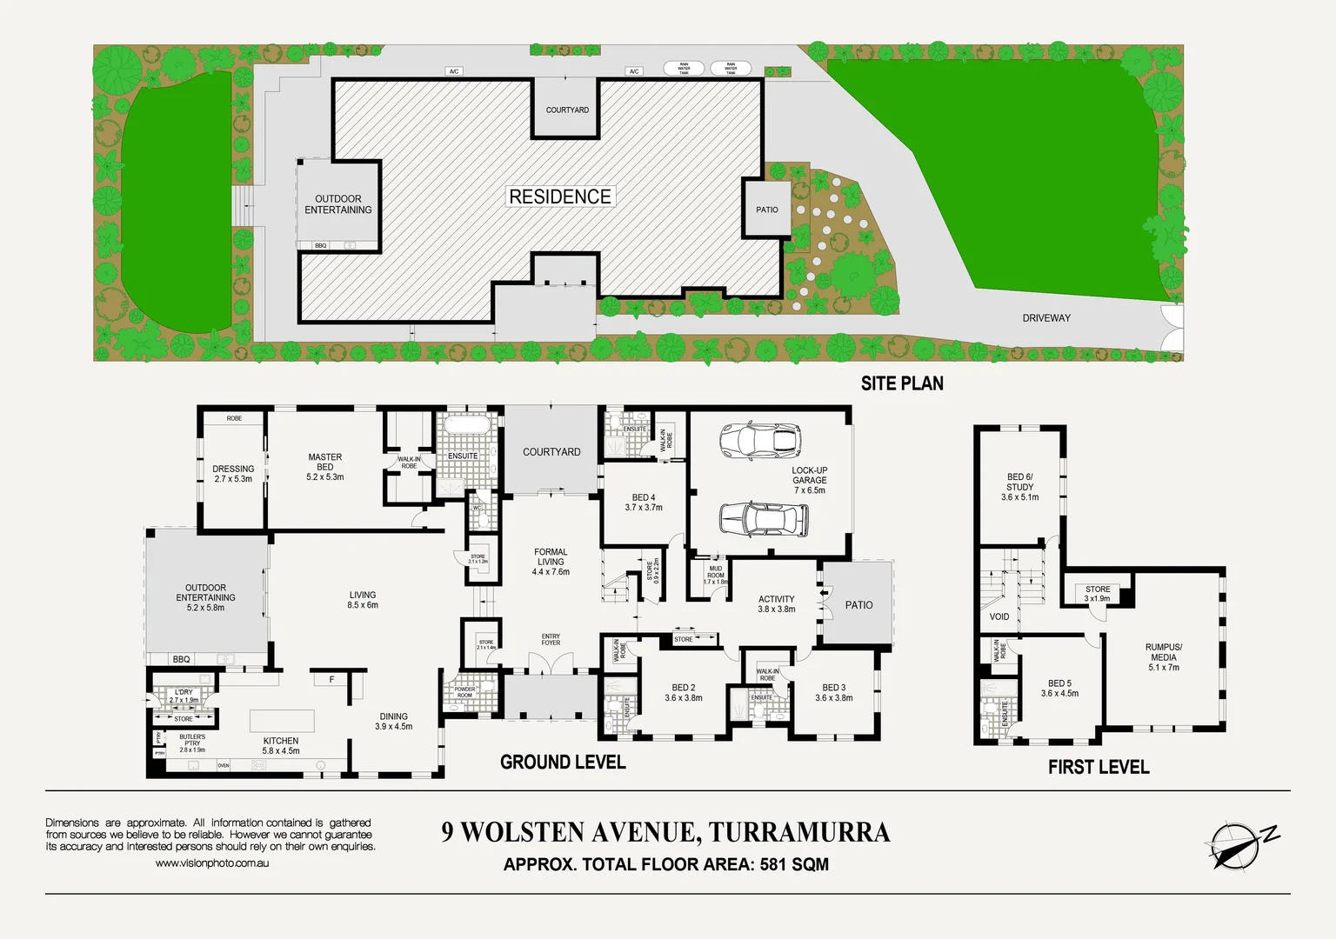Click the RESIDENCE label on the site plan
pos(560,197)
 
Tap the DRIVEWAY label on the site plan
pos(1046,318)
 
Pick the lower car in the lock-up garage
pos(764,519)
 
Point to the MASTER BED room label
pos(324,467)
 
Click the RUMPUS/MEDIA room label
pos(1163,657)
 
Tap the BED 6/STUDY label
pos(1019,487)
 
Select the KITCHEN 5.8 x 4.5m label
pos(281,746)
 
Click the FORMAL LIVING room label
pos(551,562)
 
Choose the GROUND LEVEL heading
pos(563,763)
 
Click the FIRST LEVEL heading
pos(1098,767)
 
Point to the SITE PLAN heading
pos(902,383)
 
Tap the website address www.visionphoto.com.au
pos(212,863)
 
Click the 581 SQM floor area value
pos(794,864)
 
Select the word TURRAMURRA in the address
pos(799,832)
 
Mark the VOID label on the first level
pos(999,616)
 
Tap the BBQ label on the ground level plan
pos(181,659)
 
